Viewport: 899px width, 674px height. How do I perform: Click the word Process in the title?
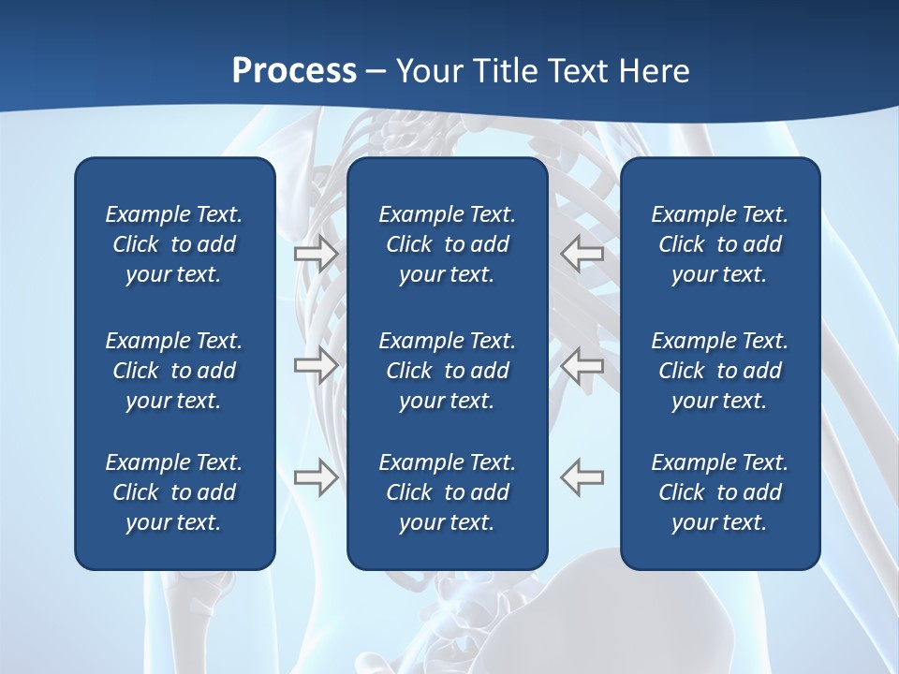294,71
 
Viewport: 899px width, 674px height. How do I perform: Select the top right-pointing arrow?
316,253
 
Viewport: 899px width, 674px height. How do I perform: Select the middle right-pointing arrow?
316,365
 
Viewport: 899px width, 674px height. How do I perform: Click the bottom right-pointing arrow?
316,476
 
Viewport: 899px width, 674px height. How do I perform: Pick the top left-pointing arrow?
582,253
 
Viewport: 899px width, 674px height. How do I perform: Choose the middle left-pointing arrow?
582,365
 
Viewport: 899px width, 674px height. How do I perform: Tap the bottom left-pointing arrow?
582,476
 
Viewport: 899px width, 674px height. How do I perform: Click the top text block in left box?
174,244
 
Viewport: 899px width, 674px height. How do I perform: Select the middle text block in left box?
174,371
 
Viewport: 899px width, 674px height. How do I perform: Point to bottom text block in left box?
174,492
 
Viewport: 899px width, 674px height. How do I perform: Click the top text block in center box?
447,244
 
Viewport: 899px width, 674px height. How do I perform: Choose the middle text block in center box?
447,371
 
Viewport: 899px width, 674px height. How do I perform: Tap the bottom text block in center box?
447,492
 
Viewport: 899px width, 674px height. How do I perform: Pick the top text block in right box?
719,244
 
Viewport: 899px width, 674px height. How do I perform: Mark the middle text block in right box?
719,371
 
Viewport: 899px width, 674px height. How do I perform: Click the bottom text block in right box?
719,492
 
